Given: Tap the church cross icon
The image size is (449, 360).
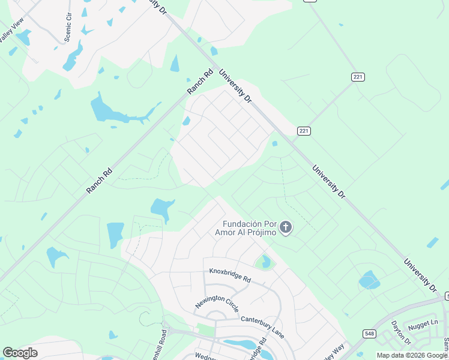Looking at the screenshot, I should click(x=286, y=227).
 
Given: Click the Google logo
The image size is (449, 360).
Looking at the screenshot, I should click(x=20, y=353).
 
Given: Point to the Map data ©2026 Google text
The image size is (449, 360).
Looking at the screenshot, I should click(x=412, y=355).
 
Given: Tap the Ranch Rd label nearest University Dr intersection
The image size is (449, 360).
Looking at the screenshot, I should click(x=200, y=82).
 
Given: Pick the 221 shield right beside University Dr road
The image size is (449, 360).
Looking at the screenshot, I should click(x=304, y=131).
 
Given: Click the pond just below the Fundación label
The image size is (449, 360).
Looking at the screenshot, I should click(x=265, y=262).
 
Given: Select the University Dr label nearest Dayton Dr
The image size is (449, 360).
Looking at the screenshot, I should click(x=420, y=274).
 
